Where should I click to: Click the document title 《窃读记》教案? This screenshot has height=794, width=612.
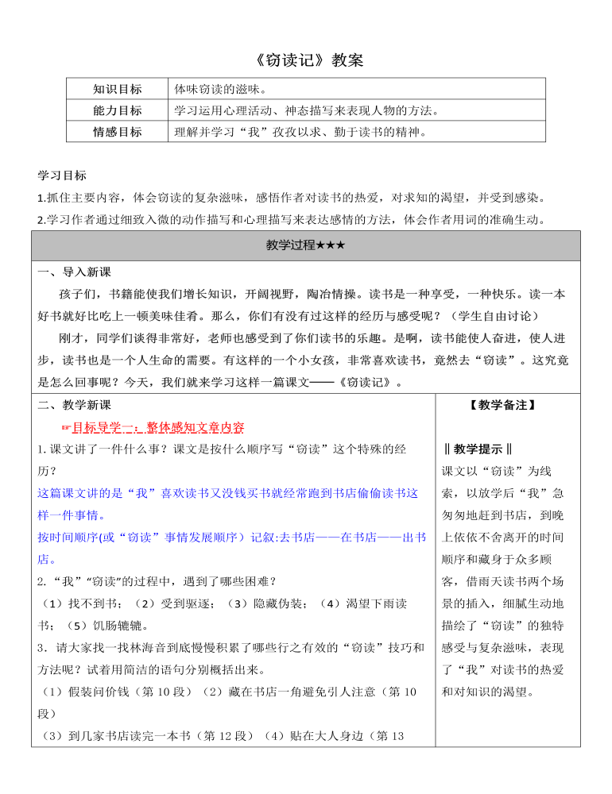[x=305, y=60]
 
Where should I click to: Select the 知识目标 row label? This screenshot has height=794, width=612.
[x=118, y=89]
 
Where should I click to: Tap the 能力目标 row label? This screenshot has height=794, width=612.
[x=118, y=110]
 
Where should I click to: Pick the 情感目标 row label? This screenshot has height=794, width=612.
[x=118, y=132]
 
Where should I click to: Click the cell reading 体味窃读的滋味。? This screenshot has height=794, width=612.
[x=219, y=89]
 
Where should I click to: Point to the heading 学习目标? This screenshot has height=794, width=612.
[x=62, y=175]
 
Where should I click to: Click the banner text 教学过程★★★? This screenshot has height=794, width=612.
[x=305, y=245]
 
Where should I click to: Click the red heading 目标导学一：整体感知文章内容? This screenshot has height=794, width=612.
[x=158, y=427]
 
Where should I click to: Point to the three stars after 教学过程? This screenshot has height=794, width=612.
[x=330, y=245]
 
